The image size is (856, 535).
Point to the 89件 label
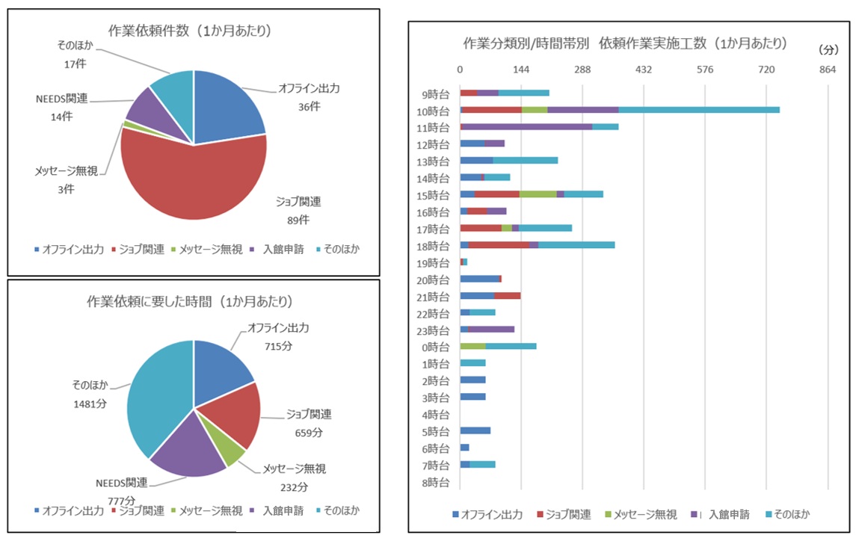[x=299, y=220]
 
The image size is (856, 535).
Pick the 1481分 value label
[x=90, y=403]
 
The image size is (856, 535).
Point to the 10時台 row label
[x=434, y=111]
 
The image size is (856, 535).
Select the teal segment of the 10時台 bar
[x=698, y=110]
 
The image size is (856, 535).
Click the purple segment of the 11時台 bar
[x=527, y=127]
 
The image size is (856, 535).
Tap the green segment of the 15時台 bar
[x=538, y=194]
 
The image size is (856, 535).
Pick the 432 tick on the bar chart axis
[x=644, y=69]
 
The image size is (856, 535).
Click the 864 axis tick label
[x=828, y=69]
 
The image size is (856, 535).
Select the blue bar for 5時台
[x=475, y=430]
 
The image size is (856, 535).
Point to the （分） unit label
[x=828, y=50]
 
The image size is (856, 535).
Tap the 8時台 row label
[x=434, y=482]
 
